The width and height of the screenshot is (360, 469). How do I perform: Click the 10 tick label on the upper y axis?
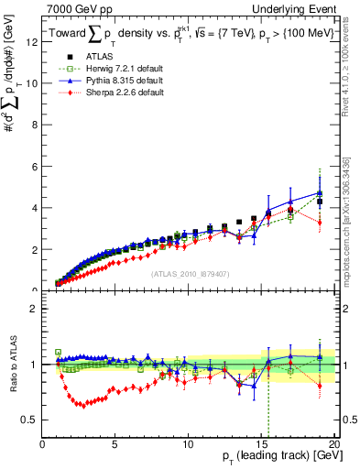33,82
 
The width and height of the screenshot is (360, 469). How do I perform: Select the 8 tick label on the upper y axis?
35,125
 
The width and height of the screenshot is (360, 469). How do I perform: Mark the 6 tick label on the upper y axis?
35,166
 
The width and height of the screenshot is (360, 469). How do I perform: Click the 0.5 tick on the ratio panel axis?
31,420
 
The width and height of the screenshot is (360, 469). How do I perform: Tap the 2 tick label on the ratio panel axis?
35,309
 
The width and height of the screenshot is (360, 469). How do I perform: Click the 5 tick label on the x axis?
115,445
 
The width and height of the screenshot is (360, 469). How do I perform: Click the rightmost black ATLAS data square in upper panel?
319,202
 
